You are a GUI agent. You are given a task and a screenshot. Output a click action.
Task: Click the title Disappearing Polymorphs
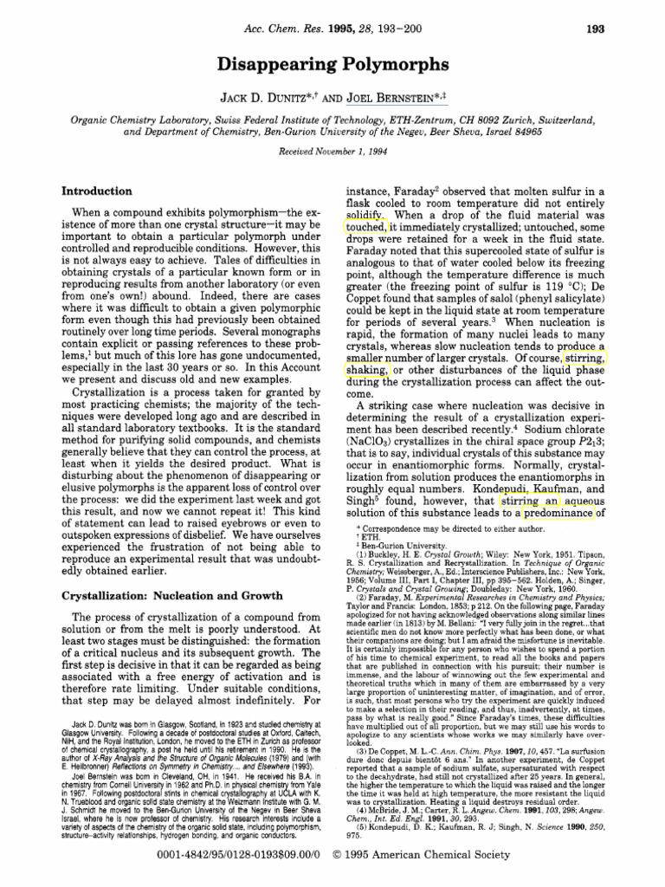(332, 64)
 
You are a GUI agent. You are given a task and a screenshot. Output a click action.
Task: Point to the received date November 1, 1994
(355, 150)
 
